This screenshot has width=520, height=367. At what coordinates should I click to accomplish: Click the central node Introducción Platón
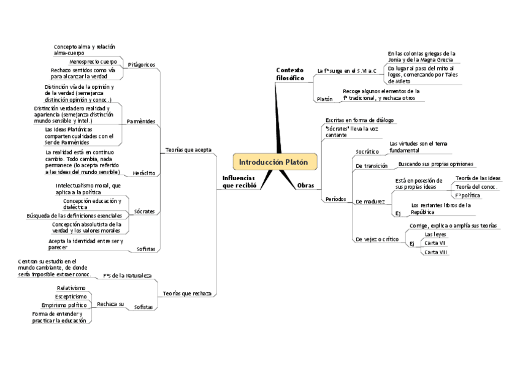[278, 162]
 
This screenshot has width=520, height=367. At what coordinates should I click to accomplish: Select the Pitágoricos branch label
[141, 64]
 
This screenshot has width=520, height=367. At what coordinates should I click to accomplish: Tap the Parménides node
[140, 121]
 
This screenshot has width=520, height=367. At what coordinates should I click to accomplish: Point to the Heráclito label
[144, 173]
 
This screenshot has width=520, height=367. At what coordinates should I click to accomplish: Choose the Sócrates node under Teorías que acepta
[144, 211]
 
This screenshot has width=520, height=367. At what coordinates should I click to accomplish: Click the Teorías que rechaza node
[187, 293]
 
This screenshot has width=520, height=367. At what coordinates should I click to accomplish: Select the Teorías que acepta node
[188, 149]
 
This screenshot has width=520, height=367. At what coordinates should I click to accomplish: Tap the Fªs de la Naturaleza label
[127, 276]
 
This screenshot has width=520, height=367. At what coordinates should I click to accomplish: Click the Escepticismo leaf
[71, 297]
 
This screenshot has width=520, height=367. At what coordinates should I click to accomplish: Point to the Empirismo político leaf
[64, 305]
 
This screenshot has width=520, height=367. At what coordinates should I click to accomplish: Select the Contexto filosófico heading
[289, 74]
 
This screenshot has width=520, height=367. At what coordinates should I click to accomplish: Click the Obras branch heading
[305, 185]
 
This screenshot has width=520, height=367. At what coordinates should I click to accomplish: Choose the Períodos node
[335, 199]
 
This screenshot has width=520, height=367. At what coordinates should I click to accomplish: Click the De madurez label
[370, 201]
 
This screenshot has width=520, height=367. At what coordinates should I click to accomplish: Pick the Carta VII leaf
[435, 243]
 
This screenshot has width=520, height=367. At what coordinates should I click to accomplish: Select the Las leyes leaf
[436, 234]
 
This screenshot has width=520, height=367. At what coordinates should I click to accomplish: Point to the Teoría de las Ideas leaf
[478, 178]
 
